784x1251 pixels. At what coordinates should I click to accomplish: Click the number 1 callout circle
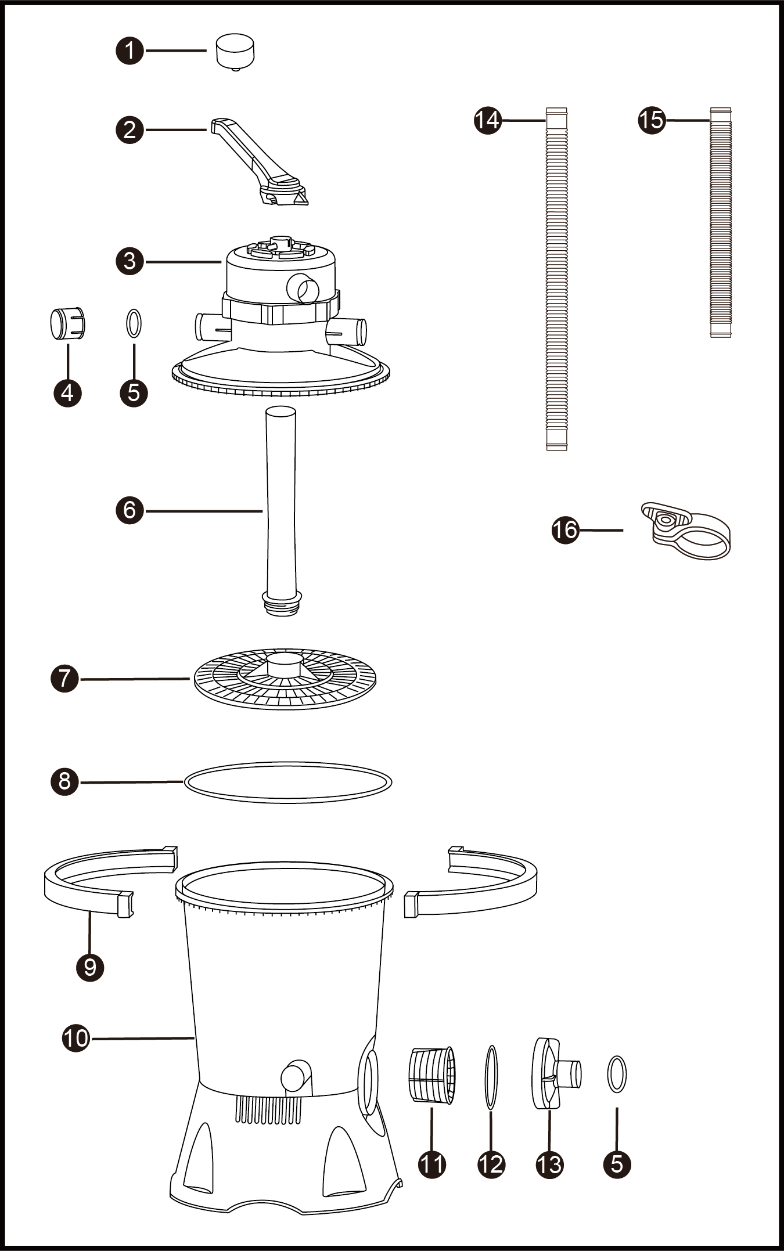130,51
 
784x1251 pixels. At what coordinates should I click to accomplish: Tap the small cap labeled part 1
235,52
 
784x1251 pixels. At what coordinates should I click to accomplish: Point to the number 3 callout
130,261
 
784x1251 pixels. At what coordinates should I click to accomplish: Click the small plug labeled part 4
68,323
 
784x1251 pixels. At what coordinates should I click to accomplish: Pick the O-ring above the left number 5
134,323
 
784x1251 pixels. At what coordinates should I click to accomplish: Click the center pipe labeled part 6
282,511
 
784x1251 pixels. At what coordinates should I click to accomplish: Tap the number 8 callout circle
64,781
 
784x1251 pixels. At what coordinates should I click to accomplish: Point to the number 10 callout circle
76,1038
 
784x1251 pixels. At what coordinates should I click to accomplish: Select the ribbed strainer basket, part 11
433,1075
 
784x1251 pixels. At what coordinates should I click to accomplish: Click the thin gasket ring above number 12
491,1078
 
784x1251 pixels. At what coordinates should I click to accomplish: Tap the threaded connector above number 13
556,1074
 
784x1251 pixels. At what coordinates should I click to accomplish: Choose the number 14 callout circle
488,120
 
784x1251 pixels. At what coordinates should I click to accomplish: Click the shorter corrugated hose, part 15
721,222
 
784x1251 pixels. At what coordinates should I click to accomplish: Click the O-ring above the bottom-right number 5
617,1074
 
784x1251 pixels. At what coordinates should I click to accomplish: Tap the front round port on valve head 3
303,288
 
